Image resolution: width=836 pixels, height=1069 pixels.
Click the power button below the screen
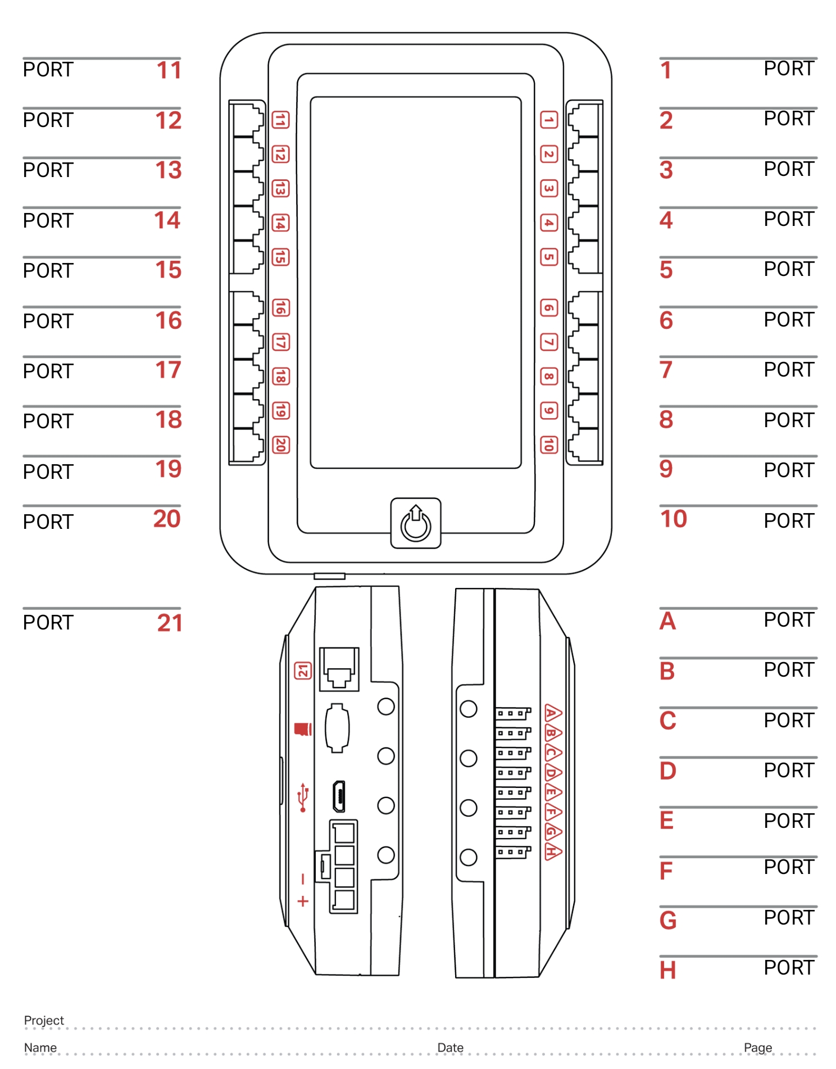tap(416, 523)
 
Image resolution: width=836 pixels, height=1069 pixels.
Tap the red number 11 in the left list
tap(169, 71)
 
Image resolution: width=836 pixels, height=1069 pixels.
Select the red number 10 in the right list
tap(673, 519)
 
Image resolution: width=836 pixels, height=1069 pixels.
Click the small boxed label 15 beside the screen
tap(280, 257)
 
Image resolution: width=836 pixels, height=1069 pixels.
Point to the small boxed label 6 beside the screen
tap(549, 307)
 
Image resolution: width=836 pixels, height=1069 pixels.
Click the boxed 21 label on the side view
tap(303, 670)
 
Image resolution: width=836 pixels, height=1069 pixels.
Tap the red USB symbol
tap(303, 797)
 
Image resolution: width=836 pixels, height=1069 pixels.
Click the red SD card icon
tap(303, 729)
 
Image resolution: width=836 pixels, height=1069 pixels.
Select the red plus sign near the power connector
tap(303, 902)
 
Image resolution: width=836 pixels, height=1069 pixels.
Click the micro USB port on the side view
tap(339, 796)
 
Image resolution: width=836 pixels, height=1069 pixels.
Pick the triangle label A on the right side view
tap(552, 713)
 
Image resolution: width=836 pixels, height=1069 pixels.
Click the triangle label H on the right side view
tap(552, 851)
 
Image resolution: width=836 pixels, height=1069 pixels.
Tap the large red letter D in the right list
tap(667, 771)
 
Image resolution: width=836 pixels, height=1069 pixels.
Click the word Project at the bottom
tap(44, 1021)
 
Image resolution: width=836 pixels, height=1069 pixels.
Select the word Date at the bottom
tap(450, 1048)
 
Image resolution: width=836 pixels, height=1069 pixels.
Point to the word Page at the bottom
tap(757, 1048)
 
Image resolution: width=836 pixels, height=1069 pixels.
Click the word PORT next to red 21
tap(48, 623)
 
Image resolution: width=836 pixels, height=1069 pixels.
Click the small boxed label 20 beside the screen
tap(280, 445)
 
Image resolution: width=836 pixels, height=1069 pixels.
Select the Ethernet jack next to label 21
tap(339, 669)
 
